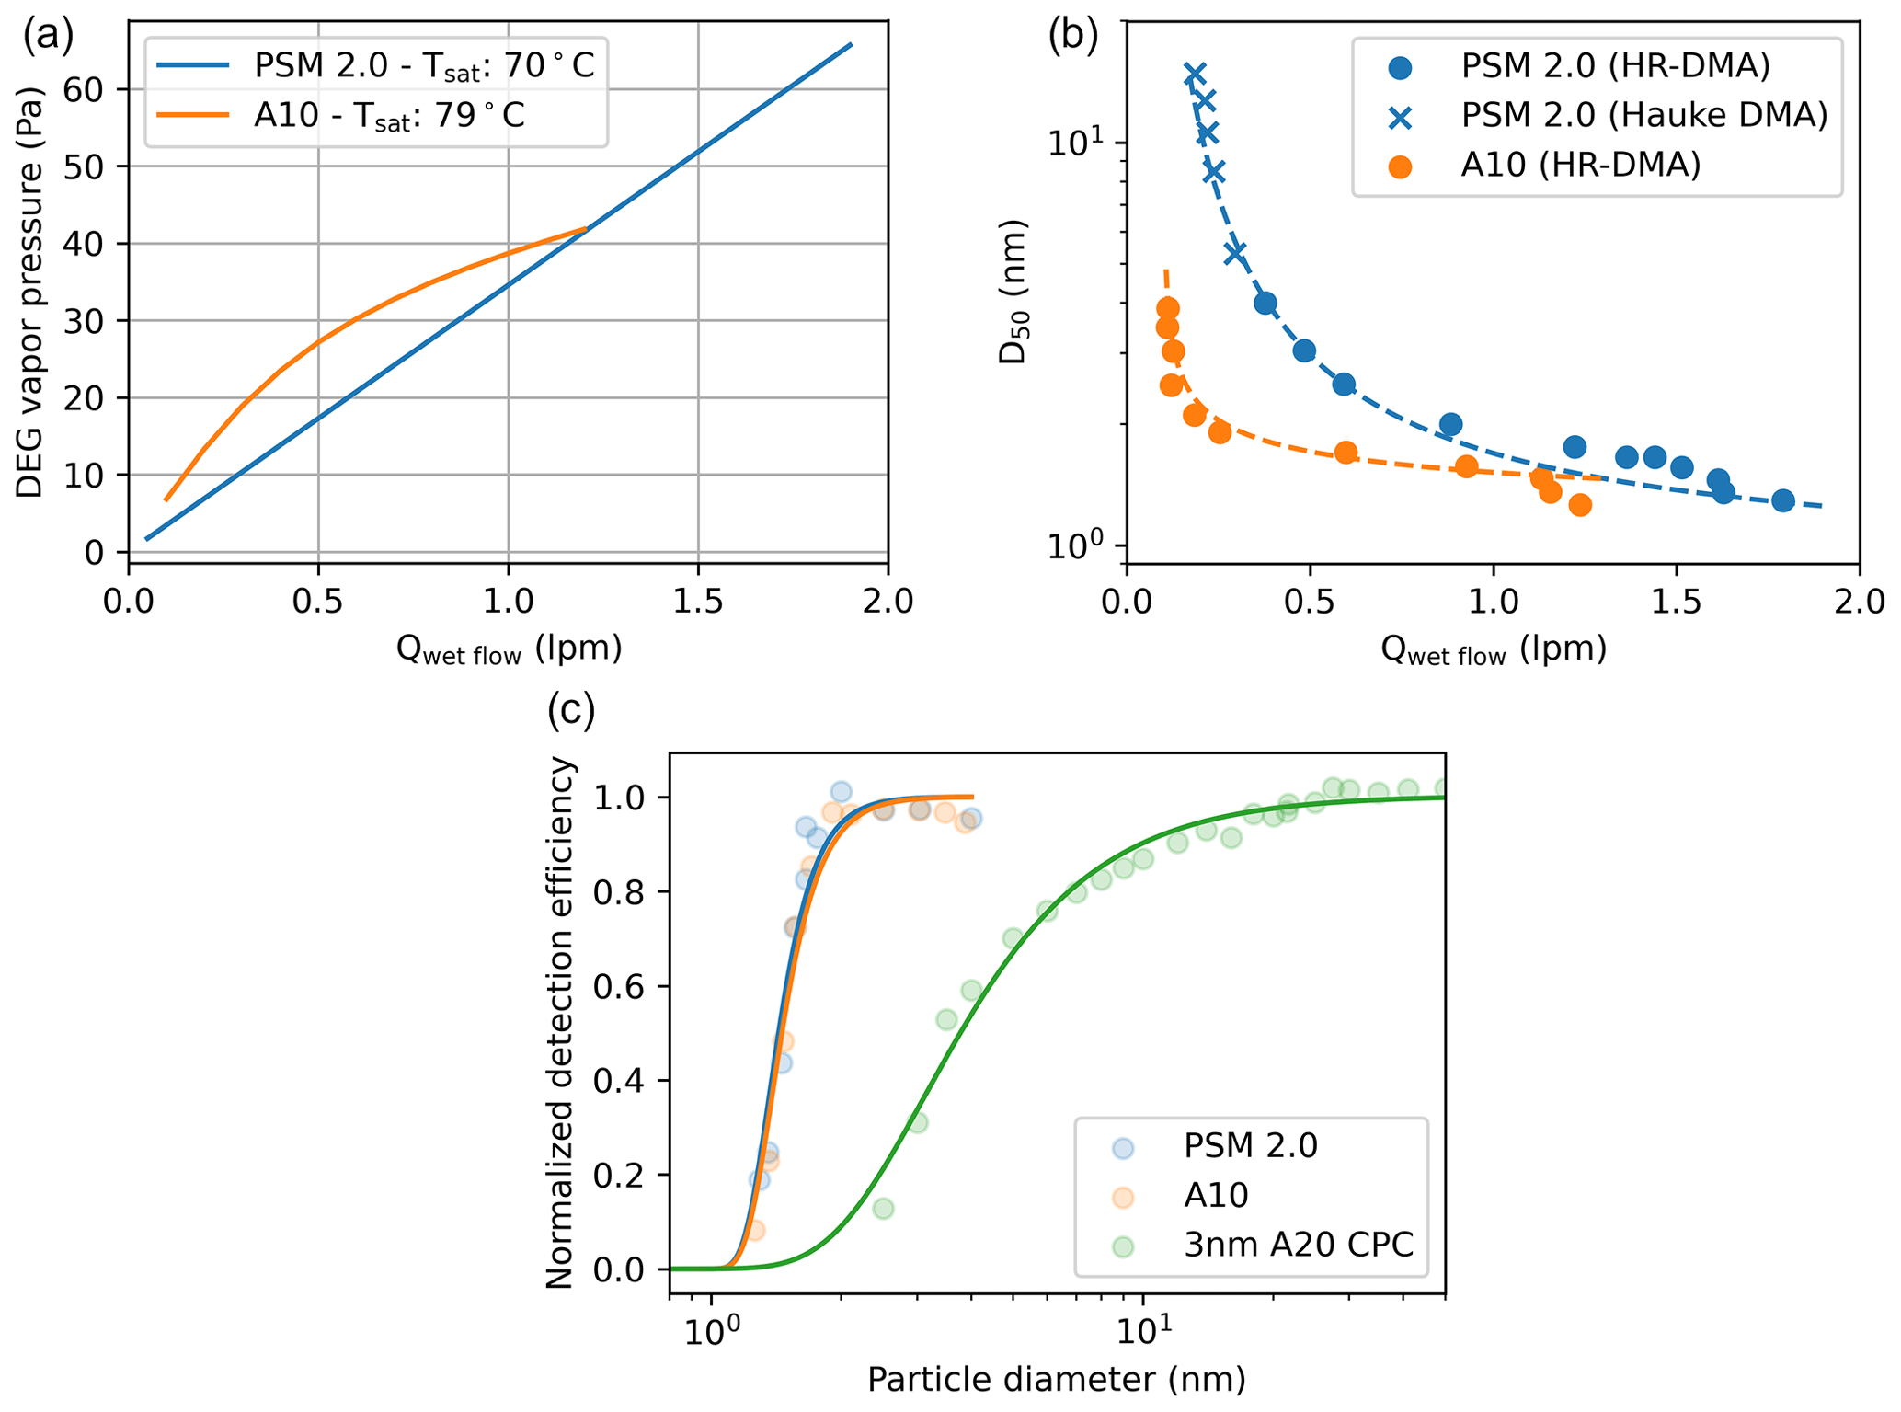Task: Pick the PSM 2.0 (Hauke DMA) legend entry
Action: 1643,116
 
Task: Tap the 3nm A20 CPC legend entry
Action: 1298,1245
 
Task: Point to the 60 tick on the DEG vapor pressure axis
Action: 84,89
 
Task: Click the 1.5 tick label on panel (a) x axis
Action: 698,601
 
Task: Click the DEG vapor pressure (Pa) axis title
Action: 30,293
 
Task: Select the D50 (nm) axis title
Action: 1013,292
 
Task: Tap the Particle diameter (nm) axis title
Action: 1056,1379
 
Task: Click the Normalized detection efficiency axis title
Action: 560,1021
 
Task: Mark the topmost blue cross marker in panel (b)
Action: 1195,75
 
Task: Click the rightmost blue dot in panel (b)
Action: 1782,500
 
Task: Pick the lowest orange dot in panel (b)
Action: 1580,504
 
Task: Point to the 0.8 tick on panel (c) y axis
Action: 625,891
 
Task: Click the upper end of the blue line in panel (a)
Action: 851,44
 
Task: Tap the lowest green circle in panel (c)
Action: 884,1208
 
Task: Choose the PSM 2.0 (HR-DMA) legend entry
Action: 1615,66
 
